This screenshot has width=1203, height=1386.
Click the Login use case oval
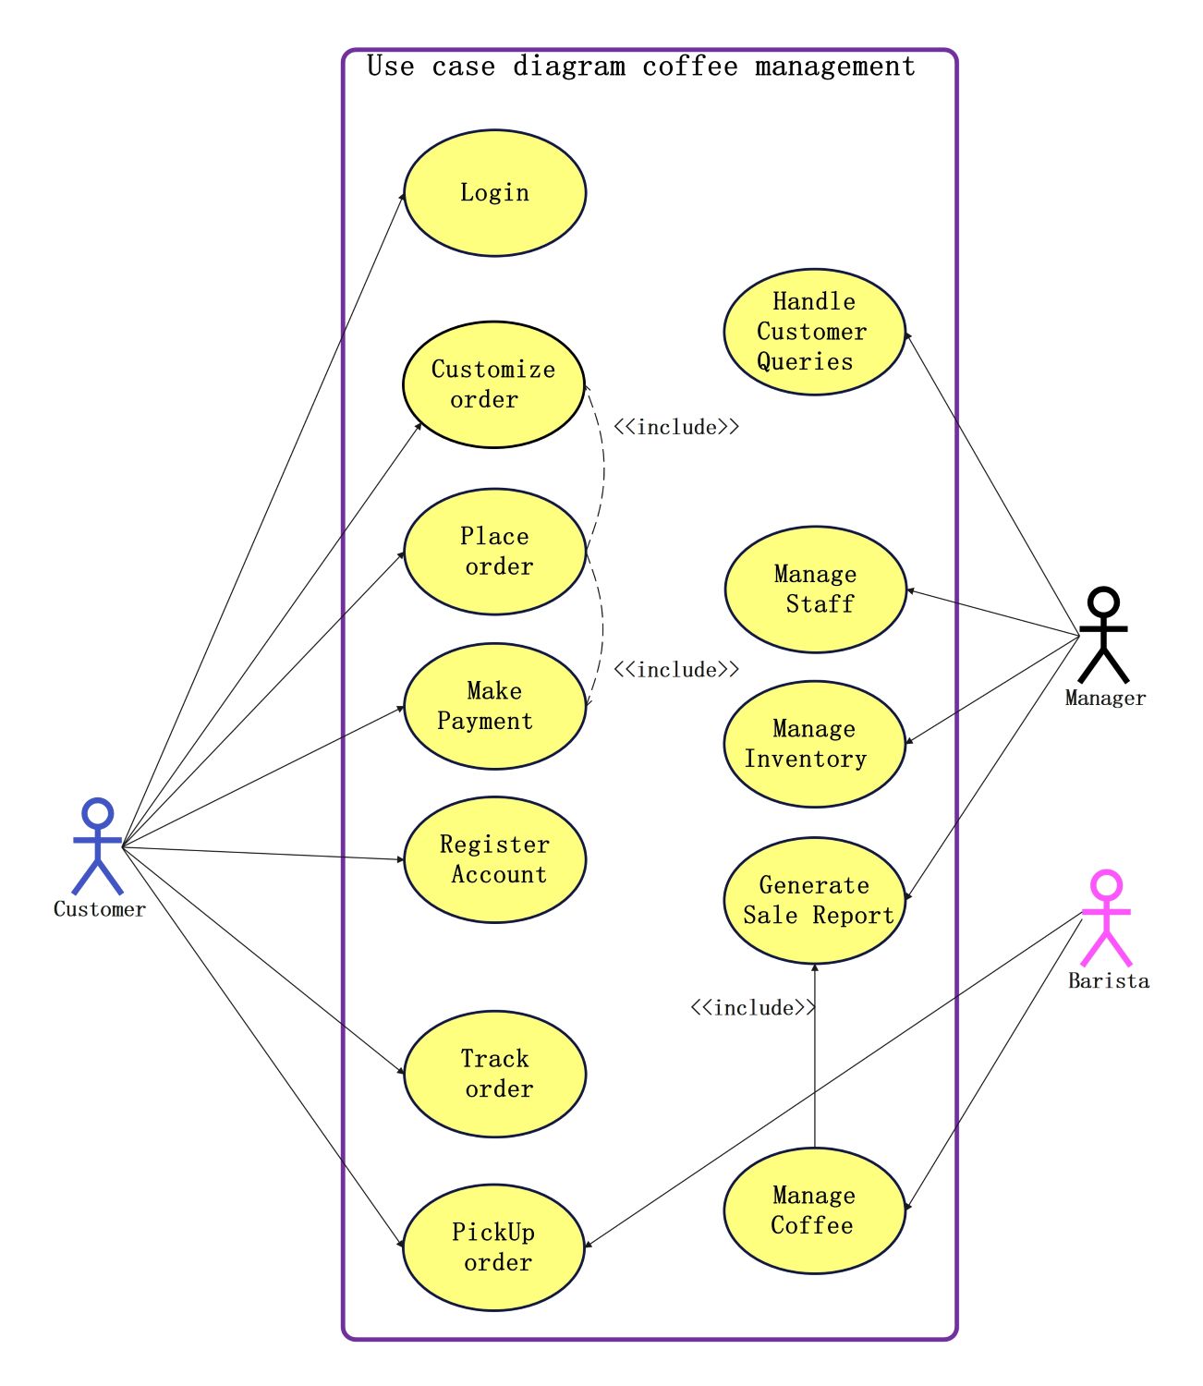click(x=494, y=193)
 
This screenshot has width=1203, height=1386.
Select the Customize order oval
click(x=493, y=384)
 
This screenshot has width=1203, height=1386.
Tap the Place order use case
click(x=494, y=552)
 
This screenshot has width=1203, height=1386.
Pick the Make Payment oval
click(x=494, y=706)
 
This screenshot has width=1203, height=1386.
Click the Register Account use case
click(x=494, y=859)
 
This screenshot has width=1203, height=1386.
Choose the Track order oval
click(x=494, y=1074)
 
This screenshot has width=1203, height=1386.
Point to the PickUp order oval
click(x=494, y=1247)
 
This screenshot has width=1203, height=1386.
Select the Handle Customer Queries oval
click(x=814, y=332)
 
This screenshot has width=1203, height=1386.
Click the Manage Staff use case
click(x=816, y=590)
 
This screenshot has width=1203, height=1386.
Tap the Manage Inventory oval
click(x=814, y=744)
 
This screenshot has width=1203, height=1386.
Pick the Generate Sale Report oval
click(x=814, y=900)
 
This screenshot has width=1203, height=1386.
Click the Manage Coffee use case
click(x=814, y=1210)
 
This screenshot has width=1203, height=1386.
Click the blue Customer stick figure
click(x=97, y=845)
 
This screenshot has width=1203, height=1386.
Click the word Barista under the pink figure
click(x=1109, y=981)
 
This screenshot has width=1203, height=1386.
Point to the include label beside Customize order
click(x=676, y=427)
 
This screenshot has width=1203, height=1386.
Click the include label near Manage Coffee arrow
click(x=753, y=1007)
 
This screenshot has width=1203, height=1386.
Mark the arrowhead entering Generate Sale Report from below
click(x=814, y=968)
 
